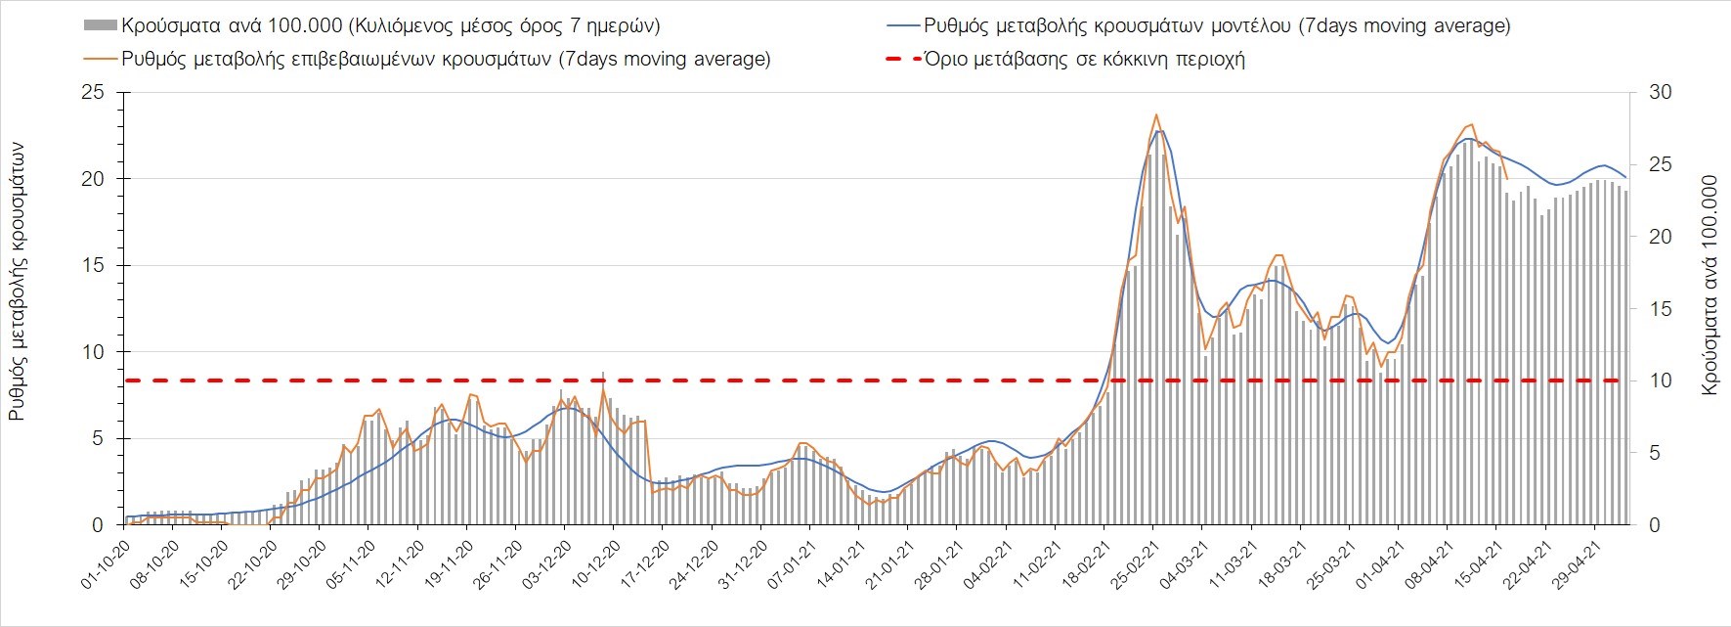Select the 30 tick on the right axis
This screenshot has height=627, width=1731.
1661,93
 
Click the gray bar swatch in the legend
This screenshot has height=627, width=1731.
101,26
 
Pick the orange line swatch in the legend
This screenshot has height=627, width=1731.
101,60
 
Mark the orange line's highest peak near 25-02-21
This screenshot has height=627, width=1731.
1156,114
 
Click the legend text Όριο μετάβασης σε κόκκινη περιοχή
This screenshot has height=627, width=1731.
1085,60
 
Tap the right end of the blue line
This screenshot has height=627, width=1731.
1625,177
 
